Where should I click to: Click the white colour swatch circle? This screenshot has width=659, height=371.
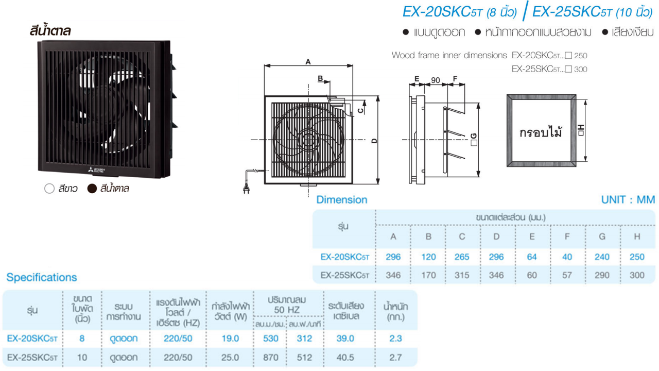[49, 189]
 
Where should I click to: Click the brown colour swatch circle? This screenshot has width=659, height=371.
[92, 189]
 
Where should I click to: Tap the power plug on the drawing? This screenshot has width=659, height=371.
[246, 189]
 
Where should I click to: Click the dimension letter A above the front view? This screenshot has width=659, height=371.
[308, 62]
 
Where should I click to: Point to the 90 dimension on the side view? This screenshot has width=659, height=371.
[436, 80]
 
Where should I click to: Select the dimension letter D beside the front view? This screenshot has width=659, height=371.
[374, 141]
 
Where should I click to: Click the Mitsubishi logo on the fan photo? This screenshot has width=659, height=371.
[96, 170]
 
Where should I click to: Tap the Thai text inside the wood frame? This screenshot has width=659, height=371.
[541, 132]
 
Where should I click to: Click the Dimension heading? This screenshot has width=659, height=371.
[342, 199]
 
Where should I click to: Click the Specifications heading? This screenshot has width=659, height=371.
[42, 277]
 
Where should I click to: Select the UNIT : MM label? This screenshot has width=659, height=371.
[628, 199]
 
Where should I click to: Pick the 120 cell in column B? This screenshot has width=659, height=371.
[428, 257]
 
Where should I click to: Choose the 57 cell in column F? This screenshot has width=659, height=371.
[567, 275]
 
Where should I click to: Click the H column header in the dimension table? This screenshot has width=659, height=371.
[637, 237]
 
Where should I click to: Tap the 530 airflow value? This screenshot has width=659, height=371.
[271, 339]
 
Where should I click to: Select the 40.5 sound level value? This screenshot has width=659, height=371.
[345, 358]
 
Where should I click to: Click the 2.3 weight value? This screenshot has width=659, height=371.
[395, 339]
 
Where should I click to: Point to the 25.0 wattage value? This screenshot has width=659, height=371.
[230, 358]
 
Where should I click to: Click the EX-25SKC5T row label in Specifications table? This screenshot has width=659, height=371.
[32, 358]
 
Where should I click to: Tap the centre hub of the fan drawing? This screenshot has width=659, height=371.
[308, 140]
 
